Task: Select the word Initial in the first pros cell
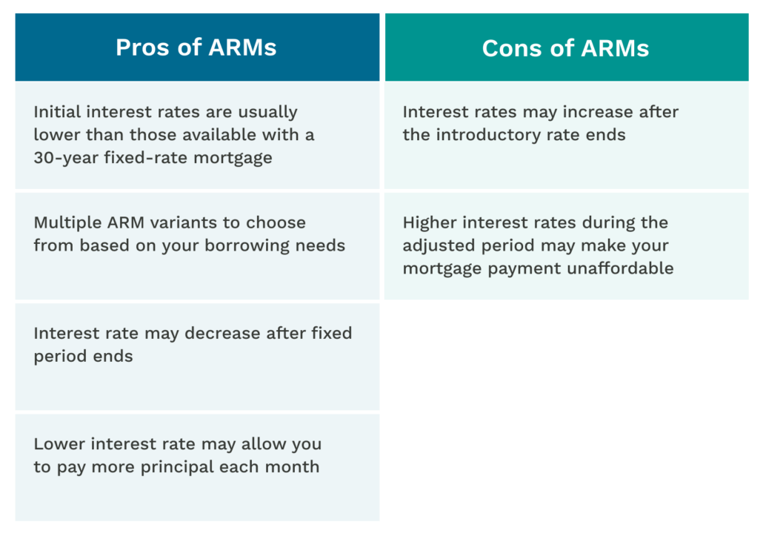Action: pos(57,112)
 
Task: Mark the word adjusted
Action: pos(436,245)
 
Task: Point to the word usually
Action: pos(267,112)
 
